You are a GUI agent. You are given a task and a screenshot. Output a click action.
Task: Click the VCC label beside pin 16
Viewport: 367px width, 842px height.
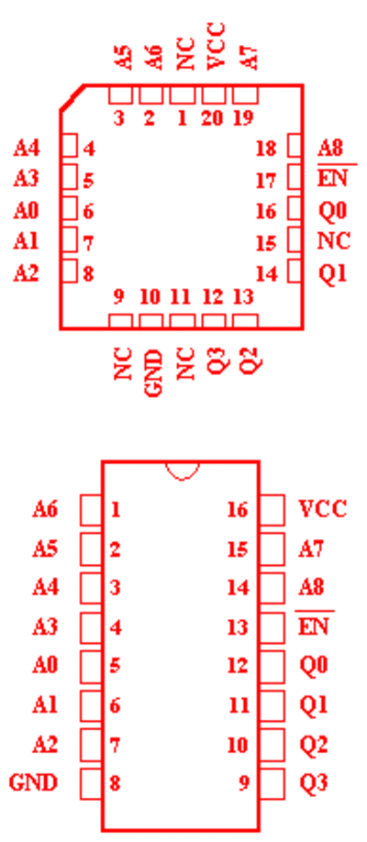point(322,508)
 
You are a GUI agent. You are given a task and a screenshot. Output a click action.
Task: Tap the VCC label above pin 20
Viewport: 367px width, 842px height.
point(215,46)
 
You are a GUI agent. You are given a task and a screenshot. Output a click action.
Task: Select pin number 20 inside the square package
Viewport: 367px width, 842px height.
point(212,117)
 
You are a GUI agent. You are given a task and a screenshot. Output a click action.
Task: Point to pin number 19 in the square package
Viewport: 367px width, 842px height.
point(244,117)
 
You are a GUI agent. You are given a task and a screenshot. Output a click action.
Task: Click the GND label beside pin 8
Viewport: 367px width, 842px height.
point(33,782)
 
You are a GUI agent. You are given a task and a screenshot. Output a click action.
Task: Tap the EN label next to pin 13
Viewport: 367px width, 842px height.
point(313,626)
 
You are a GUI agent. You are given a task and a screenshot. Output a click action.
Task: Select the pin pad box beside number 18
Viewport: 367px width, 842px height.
point(294,146)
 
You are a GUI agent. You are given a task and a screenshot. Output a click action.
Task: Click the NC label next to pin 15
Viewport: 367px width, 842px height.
point(334,241)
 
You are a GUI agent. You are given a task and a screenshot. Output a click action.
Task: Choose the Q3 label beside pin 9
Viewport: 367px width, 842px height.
point(314,782)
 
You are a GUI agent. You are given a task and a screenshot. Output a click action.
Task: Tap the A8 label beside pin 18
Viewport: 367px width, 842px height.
point(330,148)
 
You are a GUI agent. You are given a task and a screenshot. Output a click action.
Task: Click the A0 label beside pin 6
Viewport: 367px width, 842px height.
point(27,211)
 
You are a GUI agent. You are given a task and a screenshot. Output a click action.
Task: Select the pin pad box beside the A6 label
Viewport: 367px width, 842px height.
point(91,510)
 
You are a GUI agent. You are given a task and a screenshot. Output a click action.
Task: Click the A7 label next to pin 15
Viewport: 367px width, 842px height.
point(311,548)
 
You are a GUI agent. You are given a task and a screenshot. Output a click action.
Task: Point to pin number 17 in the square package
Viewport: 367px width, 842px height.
point(265,181)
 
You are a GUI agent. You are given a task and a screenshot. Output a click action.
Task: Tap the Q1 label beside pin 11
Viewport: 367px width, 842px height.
point(314,704)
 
